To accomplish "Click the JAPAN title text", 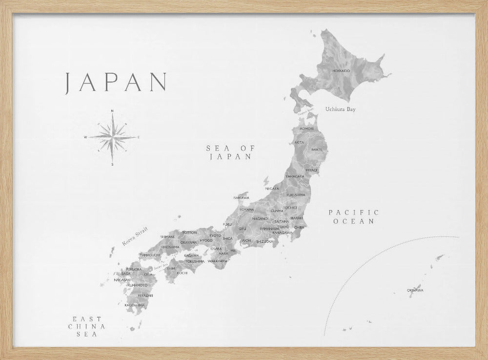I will pos(116,82).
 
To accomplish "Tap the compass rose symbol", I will pos(112,137).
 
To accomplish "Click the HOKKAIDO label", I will pos(341,71).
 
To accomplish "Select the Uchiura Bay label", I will pos(340,109).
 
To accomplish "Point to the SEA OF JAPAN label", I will pos(229,152).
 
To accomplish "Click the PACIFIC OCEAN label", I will pos(353,216).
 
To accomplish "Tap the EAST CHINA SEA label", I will pos(89,325).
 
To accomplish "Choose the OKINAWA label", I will pos(415,290).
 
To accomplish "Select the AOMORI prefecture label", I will pos(307,128).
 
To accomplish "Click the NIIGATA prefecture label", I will pos(272,188).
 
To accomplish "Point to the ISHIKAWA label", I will pos(241,197).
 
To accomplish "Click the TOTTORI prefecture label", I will pos(189,233).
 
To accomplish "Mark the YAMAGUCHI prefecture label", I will pos(149,255).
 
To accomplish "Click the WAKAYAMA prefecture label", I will pos(217,261).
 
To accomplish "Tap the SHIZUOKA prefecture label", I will pos(264,241).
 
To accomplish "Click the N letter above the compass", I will pos(113,111).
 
